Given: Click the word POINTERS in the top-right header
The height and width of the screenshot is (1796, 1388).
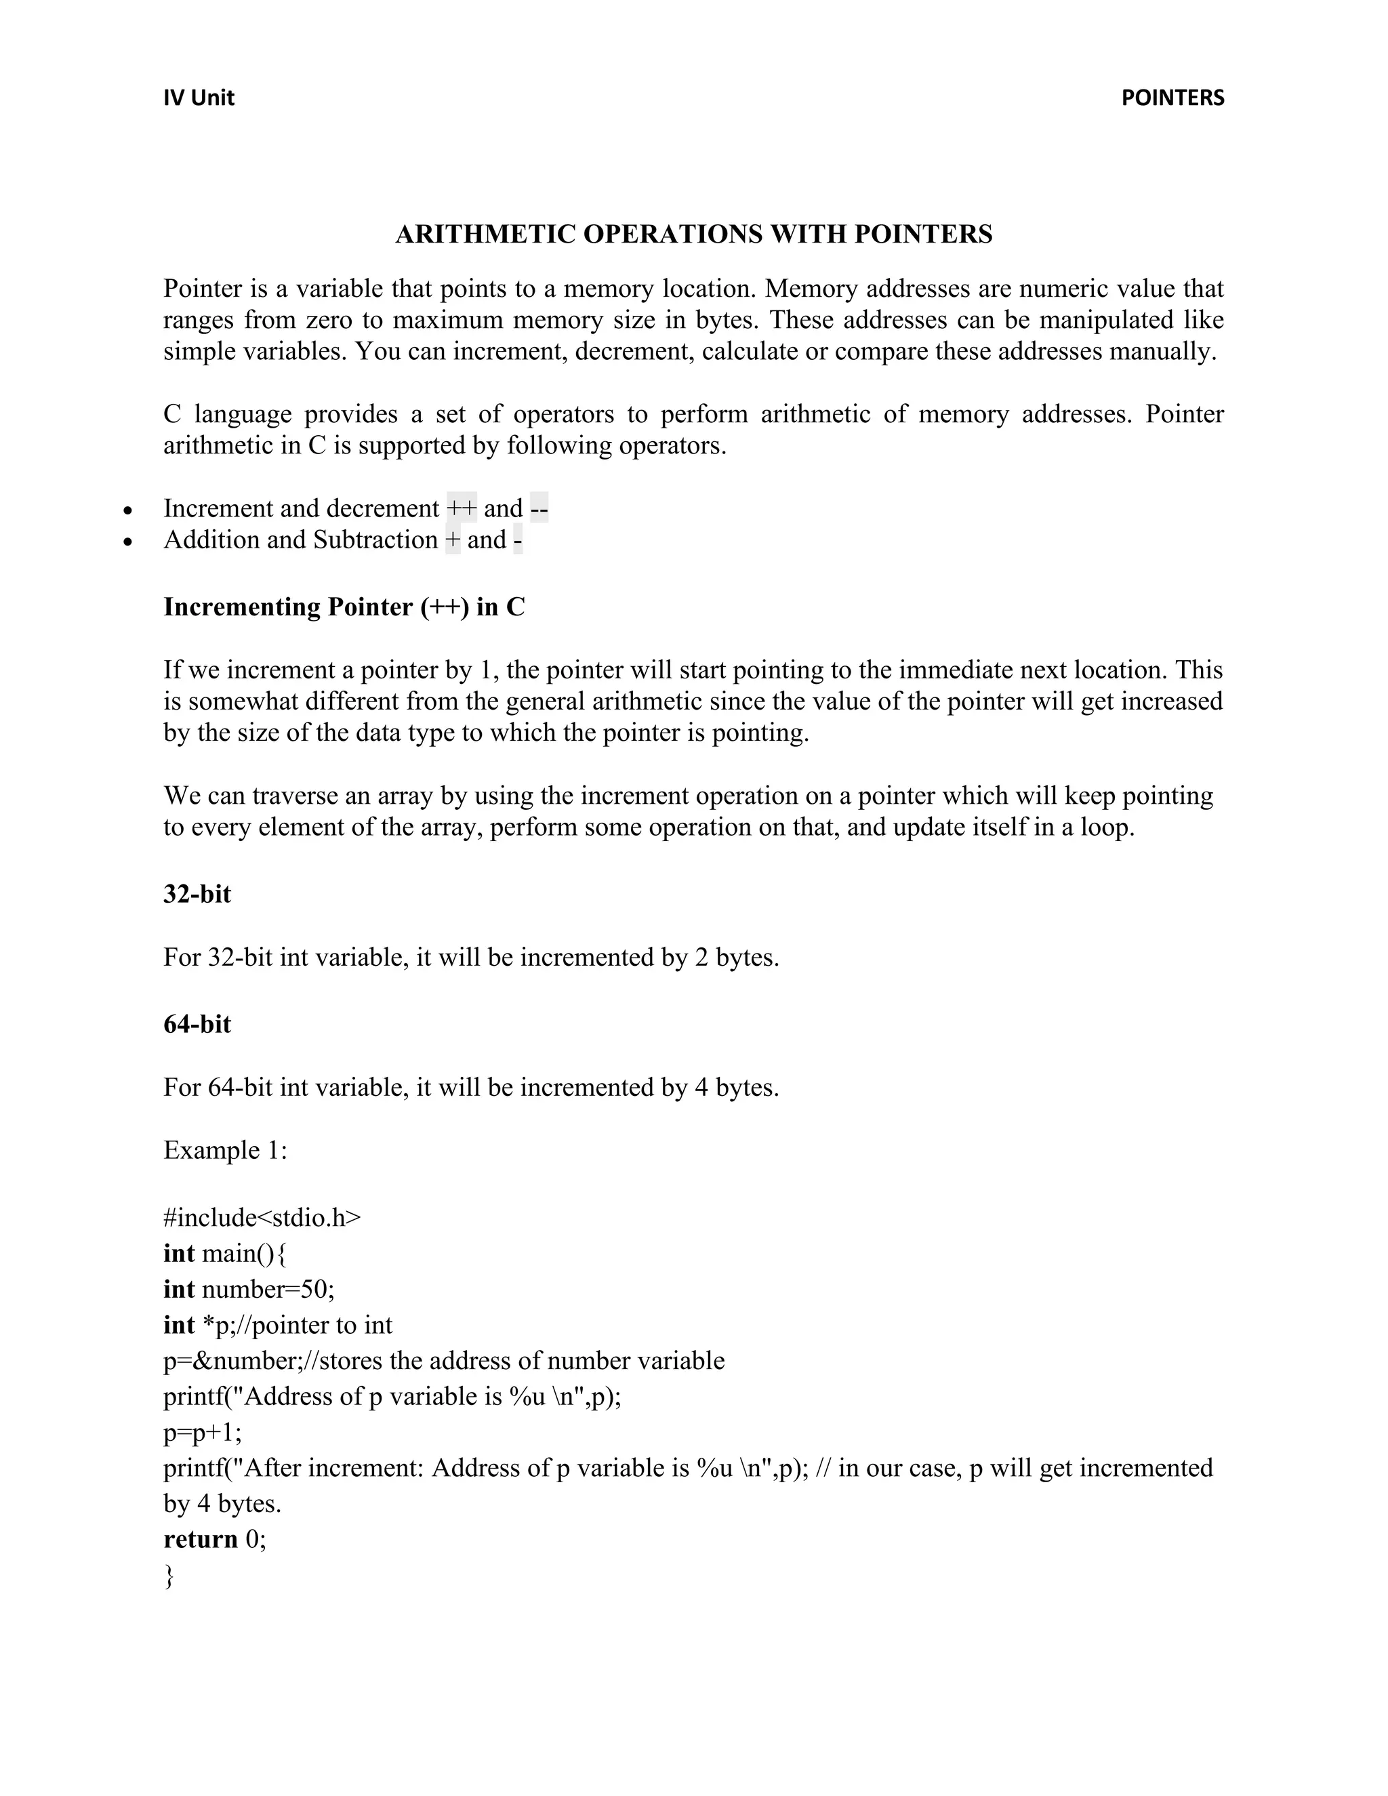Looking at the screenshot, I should [x=1172, y=98].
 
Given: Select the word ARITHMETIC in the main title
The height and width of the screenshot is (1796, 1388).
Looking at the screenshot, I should [x=486, y=234].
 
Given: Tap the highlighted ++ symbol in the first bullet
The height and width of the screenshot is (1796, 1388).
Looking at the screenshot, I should [x=462, y=508].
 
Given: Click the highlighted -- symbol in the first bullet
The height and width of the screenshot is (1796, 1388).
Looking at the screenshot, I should [x=539, y=508].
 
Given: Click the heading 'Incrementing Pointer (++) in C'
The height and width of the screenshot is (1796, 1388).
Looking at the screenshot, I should [x=344, y=607].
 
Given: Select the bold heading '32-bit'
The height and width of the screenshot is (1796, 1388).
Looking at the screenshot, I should [x=197, y=894].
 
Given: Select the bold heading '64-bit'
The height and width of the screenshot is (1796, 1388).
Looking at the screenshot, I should [x=197, y=1025].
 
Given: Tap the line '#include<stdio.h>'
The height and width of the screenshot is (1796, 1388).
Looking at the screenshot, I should [x=262, y=1218].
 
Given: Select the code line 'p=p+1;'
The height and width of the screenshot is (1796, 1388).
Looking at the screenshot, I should [x=202, y=1433].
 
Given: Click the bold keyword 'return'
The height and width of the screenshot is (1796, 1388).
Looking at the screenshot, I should [x=201, y=1539].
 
